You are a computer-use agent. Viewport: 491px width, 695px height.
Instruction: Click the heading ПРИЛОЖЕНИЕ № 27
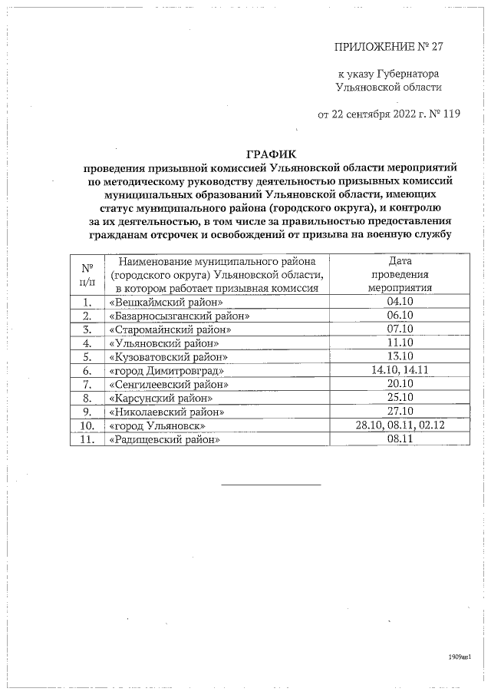390,46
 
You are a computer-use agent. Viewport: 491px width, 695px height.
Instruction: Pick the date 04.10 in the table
401,303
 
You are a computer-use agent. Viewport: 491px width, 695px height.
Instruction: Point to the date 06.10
401,316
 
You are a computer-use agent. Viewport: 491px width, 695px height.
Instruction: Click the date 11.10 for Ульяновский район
401,343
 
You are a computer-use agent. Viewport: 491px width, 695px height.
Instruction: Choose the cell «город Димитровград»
166,371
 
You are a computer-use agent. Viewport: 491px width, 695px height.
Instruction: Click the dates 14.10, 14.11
401,371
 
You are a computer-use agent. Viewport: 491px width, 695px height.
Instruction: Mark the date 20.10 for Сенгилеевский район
401,385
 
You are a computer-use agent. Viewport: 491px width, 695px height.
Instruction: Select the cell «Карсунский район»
161,399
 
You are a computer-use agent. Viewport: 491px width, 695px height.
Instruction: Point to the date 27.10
401,412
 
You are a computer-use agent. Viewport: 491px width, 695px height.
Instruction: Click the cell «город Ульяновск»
158,425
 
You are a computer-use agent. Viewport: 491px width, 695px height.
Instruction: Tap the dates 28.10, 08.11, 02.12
401,425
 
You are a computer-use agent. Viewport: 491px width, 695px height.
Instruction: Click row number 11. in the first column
87,439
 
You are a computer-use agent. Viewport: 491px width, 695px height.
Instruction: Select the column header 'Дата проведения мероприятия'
401,274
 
